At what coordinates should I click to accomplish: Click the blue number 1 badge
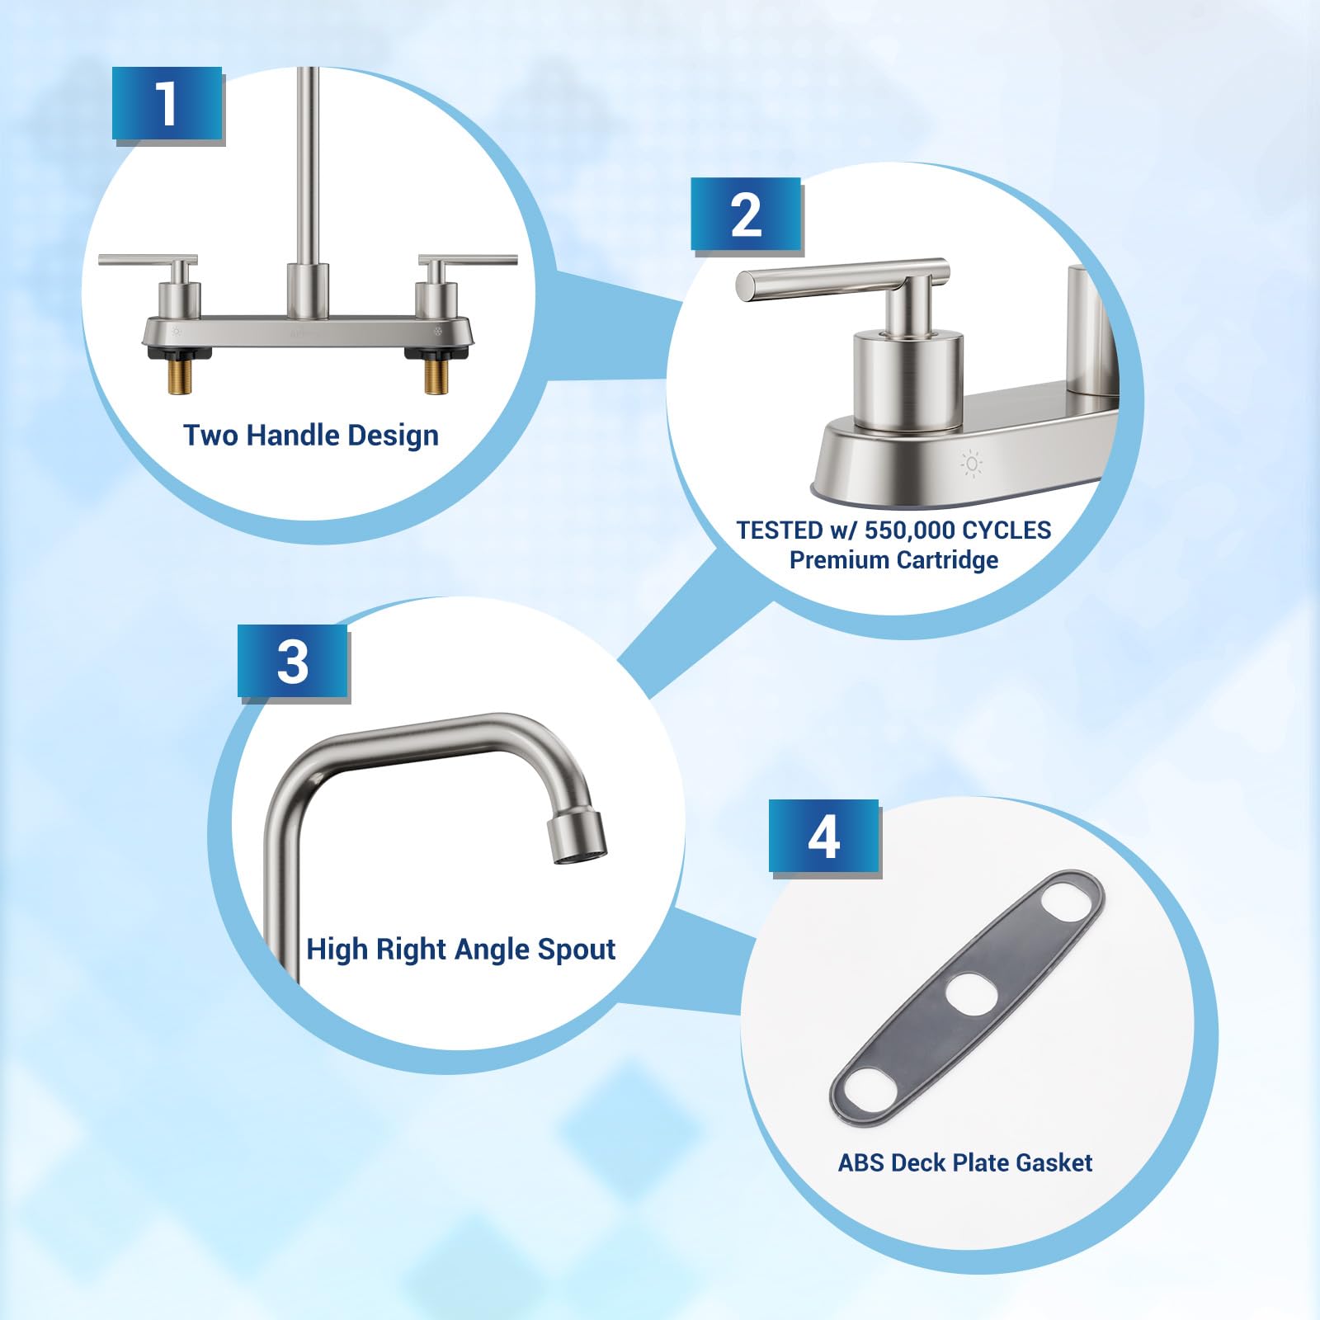(167, 104)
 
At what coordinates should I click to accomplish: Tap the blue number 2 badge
(746, 214)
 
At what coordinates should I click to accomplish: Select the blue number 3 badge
(293, 662)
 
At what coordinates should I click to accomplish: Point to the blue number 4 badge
(824, 837)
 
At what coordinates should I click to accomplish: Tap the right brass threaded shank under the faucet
(436, 376)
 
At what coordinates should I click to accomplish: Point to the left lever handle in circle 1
(148, 261)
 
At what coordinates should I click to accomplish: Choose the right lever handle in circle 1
(468, 261)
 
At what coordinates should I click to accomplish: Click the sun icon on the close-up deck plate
(972, 464)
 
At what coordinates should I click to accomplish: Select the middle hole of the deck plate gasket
(971, 993)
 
